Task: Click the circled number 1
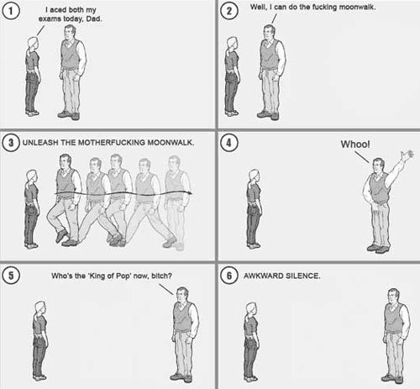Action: click(11, 11)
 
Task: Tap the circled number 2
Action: click(229, 11)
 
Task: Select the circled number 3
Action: click(11, 143)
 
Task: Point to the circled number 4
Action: click(229, 143)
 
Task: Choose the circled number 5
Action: click(11, 276)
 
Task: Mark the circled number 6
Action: click(229, 276)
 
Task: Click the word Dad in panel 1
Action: click(94, 18)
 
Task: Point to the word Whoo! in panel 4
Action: click(355, 145)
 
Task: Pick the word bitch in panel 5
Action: click(161, 276)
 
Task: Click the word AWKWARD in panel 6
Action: click(263, 276)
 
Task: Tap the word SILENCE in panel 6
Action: click(302, 276)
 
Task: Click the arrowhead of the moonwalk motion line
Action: click(190, 192)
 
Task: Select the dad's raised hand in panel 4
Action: click(407, 155)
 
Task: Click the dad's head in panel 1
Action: click(70, 32)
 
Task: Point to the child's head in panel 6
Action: click(251, 309)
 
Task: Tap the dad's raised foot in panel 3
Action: click(61, 236)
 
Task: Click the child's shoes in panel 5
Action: click(39, 378)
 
